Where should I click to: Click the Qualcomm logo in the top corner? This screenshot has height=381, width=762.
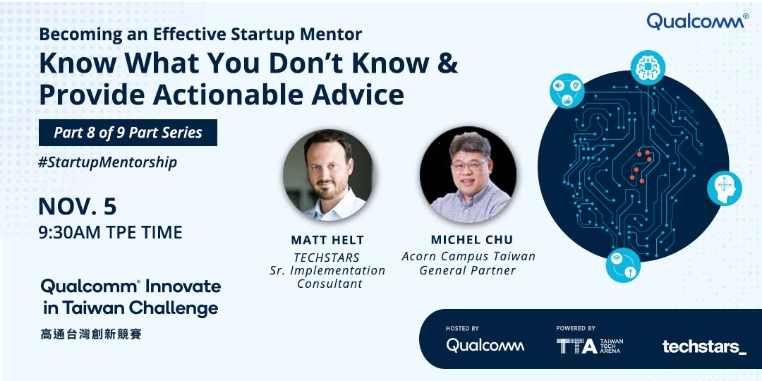pos(697,21)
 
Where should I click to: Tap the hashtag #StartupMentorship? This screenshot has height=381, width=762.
pos(107,162)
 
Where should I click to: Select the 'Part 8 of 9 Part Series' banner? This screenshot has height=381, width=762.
pos(128,133)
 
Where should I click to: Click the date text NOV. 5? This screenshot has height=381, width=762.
pos(78,207)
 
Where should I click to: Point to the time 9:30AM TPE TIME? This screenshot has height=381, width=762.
pos(110,232)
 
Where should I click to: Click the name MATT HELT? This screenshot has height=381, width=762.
pos(327,240)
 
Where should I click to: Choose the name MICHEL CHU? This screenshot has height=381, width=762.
pos(471,240)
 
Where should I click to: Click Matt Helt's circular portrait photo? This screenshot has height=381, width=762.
pos(328,175)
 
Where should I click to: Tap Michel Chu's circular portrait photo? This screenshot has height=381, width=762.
pos(468,175)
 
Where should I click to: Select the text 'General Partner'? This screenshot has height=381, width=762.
pos(468,270)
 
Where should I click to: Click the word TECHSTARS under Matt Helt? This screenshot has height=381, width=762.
pos(327,258)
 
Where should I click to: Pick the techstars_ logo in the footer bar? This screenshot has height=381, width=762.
pos(704,346)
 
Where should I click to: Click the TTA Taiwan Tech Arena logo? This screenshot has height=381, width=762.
pos(589,346)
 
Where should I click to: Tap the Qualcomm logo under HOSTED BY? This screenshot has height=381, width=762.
pos(485,346)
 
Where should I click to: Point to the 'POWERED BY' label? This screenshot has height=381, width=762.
pos(576,329)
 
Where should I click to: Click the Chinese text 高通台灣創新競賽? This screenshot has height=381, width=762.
pos(91,334)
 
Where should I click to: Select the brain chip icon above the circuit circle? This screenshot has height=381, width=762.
pos(648,68)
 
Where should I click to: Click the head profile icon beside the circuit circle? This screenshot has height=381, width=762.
pos(725,188)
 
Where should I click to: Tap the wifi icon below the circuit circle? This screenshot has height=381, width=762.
pos(623,265)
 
